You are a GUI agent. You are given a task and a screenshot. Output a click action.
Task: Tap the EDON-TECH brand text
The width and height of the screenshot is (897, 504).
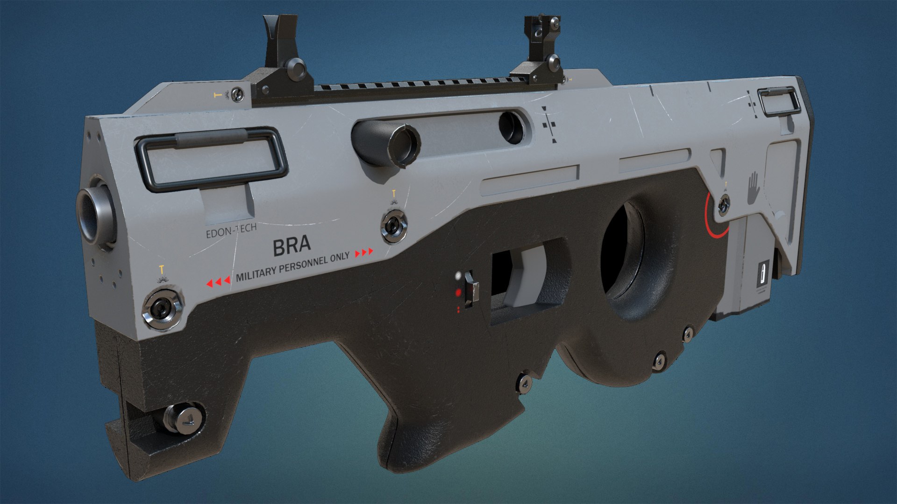click(x=231, y=230)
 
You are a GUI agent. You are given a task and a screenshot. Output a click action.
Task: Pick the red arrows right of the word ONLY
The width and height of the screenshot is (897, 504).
click(x=364, y=252)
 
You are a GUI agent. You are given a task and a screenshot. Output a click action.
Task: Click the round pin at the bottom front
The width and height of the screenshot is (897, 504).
click(x=185, y=418)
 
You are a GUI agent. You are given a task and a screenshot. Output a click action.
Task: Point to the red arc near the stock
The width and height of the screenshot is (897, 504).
click(x=712, y=219)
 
